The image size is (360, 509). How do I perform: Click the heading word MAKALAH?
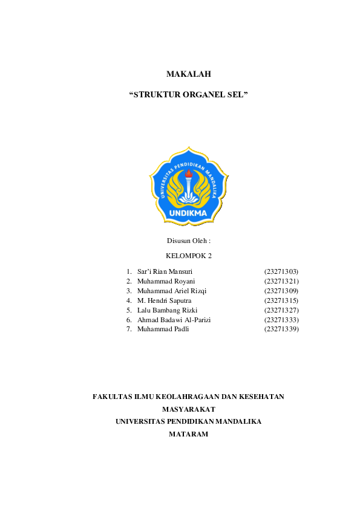(x=188, y=74)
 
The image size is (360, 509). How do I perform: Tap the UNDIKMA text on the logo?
(x=188, y=213)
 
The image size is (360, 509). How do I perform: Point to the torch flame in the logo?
(x=189, y=175)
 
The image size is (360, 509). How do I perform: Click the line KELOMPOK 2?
(x=188, y=256)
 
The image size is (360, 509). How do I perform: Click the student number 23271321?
(x=281, y=282)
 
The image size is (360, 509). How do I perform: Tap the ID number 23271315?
(x=281, y=300)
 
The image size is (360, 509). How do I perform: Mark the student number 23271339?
(x=281, y=329)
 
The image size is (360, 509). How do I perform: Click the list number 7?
(x=129, y=329)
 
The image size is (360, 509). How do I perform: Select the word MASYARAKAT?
(x=189, y=409)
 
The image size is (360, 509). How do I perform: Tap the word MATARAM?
(x=188, y=433)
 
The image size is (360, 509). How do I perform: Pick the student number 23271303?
(x=281, y=272)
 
